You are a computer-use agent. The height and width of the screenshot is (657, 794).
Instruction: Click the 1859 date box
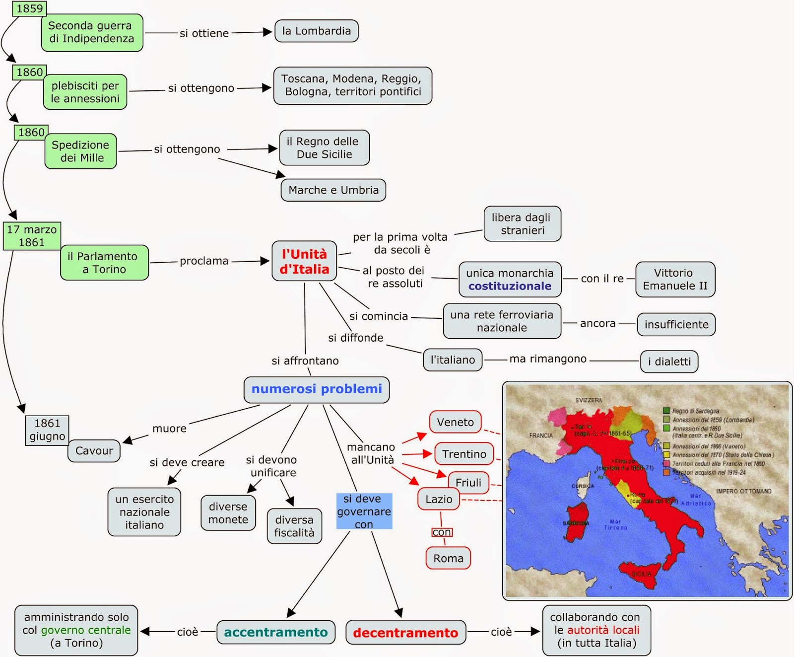tap(29, 8)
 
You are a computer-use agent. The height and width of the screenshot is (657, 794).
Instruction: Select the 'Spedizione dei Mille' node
tap(80, 151)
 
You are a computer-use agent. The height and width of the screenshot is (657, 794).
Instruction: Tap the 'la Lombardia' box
tap(317, 31)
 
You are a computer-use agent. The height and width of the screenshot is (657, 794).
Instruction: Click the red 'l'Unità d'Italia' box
tap(304, 262)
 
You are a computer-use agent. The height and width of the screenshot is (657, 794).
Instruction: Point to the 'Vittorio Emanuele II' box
tap(675, 280)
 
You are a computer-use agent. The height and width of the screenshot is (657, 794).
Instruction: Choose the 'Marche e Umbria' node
tap(333, 190)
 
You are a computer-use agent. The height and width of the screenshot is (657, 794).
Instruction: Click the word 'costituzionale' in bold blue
tap(510, 287)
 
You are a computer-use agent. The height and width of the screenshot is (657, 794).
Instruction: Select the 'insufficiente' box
tap(676, 325)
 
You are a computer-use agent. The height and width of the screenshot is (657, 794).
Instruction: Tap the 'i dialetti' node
tap(669, 362)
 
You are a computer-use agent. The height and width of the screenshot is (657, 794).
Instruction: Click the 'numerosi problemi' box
tap(317, 389)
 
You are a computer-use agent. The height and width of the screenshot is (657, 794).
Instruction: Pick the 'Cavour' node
tap(94, 451)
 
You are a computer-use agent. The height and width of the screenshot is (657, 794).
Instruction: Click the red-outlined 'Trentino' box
tap(464, 454)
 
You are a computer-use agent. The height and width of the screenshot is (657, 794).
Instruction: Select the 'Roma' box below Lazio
tap(448, 559)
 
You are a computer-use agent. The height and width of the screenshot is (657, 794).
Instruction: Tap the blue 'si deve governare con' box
tap(364, 511)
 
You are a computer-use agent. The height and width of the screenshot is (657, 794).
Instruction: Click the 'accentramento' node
tap(276, 633)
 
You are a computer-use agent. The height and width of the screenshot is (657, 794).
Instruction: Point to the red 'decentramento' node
tap(405, 633)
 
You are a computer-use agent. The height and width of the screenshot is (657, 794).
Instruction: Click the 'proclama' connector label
tap(204, 261)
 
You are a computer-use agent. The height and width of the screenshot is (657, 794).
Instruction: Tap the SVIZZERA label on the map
tap(589, 400)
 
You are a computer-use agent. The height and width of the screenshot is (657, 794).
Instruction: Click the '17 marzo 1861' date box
tap(32, 236)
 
